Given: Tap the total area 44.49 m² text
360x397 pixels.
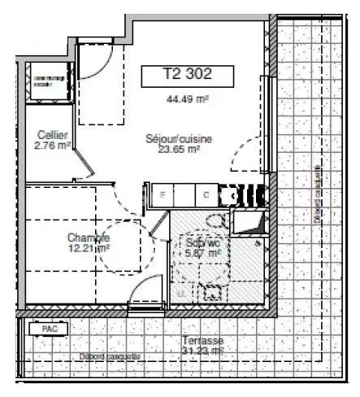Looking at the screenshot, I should (180, 100).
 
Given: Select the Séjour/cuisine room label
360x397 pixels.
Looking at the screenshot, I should (179, 140).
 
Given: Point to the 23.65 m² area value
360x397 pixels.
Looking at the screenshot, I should (179, 150).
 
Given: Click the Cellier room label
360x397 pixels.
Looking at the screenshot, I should (51, 135).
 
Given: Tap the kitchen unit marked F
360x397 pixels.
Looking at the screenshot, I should (163, 195).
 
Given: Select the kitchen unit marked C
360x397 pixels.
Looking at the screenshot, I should (206, 195).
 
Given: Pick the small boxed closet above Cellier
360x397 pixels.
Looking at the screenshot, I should (46, 80).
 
